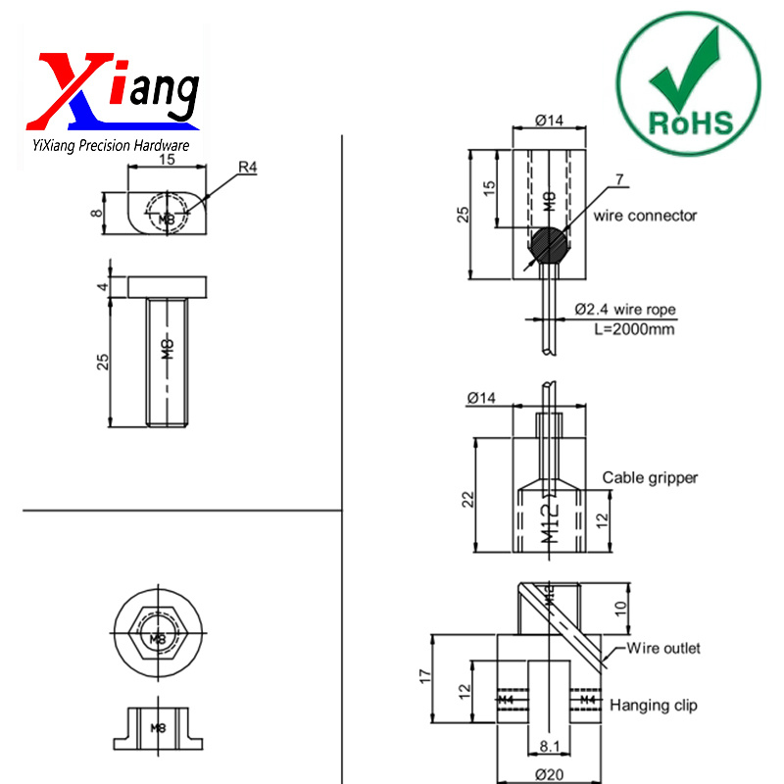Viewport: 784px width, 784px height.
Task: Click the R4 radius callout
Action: click(247, 168)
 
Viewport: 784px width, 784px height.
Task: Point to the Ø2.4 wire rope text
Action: click(624, 309)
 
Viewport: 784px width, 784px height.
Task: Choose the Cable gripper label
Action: click(650, 478)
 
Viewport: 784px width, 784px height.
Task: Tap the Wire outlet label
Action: click(663, 648)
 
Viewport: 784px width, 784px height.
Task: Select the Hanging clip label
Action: click(654, 705)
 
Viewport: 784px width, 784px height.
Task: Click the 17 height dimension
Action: click(423, 676)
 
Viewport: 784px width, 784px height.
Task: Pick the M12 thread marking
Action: click(551, 519)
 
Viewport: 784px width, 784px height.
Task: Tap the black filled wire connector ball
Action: click(550, 245)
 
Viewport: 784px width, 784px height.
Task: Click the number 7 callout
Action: click(618, 178)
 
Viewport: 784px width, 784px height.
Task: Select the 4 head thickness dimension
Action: click(103, 286)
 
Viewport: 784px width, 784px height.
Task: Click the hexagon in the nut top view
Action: click(158, 638)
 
